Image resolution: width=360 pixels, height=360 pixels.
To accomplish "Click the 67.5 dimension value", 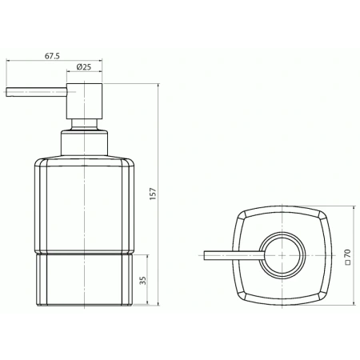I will coord(52,56).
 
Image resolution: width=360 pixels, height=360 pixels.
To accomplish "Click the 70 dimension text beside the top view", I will coord(346,254).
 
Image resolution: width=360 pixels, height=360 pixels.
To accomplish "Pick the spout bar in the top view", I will coord(232,255).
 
